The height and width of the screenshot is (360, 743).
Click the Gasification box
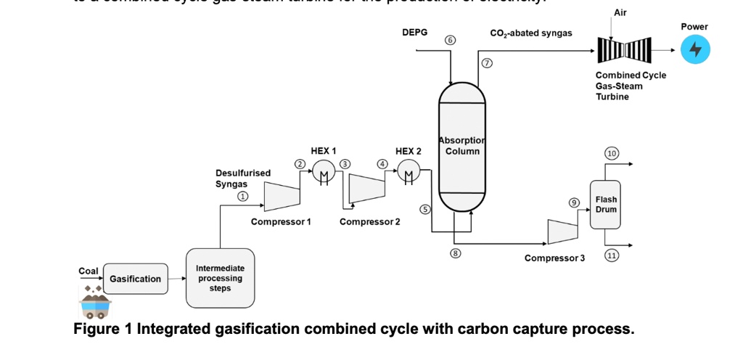pyautogui.click(x=135, y=279)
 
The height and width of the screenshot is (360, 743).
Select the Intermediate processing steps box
pyautogui.click(x=220, y=279)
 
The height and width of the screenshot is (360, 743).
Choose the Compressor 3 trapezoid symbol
pyautogui.click(x=562, y=232)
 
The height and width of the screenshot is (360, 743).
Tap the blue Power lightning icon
pyautogui.click(x=695, y=50)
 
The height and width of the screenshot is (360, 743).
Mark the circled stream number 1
pyautogui.click(x=243, y=197)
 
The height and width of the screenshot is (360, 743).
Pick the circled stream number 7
pyautogui.click(x=487, y=64)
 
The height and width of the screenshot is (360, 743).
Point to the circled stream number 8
pyautogui.click(x=456, y=253)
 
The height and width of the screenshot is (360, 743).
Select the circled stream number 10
pyautogui.click(x=612, y=152)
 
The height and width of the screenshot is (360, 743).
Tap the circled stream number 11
pyautogui.click(x=612, y=255)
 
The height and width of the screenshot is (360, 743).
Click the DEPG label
pyautogui.click(x=415, y=33)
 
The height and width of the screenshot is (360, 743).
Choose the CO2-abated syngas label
pyautogui.click(x=531, y=33)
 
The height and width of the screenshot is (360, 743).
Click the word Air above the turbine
pyautogui.click(x=620, y=13)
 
